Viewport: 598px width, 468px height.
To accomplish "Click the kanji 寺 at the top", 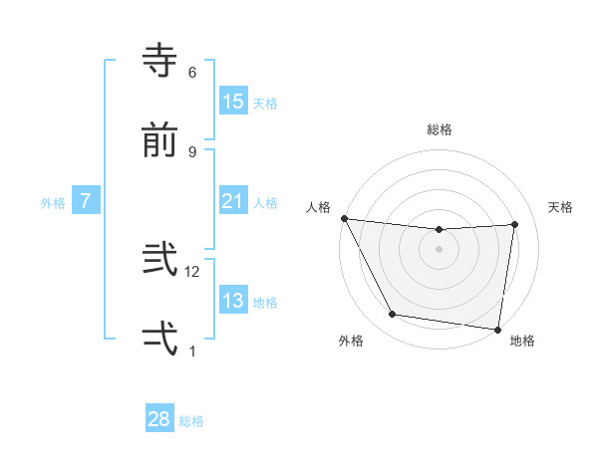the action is coord(159,59).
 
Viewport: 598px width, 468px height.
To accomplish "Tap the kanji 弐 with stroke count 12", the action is coord(159,259).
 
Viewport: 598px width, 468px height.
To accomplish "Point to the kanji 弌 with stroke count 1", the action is coord(159,338).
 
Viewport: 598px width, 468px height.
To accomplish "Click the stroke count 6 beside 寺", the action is coord(192,72).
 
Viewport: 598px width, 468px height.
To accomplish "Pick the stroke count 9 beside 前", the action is coord(192,151).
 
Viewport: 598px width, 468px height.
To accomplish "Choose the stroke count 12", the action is coord(193,271).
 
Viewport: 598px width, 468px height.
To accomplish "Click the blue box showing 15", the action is coord(232,101).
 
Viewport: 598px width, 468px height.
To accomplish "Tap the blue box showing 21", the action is coord(232,201).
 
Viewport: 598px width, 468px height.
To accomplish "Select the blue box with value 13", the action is coord(232,301).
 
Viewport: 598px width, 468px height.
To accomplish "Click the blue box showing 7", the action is coord(86,201).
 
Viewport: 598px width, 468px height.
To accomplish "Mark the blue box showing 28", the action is coord(159,419).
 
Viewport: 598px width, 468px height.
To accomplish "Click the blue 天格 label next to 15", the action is coord(265,103).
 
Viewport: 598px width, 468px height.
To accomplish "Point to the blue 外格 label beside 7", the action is coord(53,202).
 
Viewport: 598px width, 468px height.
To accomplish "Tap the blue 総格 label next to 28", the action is coord(191,420).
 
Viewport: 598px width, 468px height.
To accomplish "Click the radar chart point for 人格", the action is coord(344,218).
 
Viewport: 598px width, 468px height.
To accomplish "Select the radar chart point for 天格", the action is coord(515,224).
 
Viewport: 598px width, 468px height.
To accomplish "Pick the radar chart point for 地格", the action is coord(497,329).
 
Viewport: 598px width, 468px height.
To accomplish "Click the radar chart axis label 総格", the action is coord(440,129).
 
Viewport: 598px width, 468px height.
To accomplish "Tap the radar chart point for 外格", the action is coord(392,316).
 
